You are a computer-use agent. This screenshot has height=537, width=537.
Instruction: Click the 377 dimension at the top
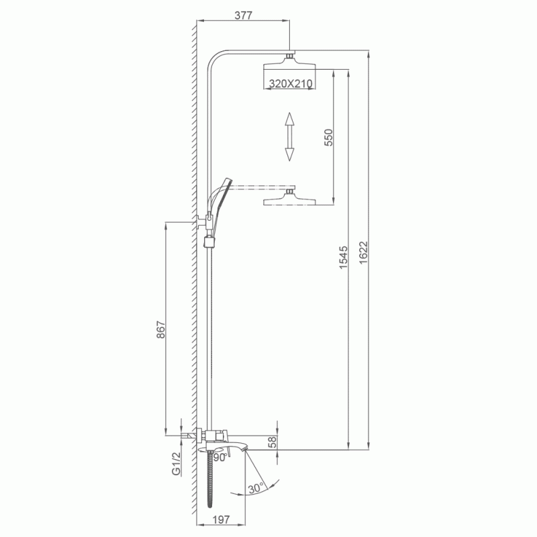[x=243, y=15]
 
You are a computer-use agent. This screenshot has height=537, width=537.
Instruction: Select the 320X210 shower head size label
[x=291, y=83]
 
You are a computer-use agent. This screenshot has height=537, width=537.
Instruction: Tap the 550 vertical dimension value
[x=328, y=138]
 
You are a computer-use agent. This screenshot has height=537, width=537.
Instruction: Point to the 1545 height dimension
[x=343, y=257]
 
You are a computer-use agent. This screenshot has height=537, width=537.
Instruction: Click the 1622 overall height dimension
[x=363, y=253]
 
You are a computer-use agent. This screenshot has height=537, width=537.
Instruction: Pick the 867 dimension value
[x=160, y=330]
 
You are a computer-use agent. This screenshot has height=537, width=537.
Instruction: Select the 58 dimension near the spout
[x=273, y=442]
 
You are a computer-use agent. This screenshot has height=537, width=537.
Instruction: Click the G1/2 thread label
[x=176, y=464]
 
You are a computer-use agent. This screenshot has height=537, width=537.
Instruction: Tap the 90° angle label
[x=220, y=458]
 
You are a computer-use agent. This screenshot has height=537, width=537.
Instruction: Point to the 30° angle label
[x=256, y=488]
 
